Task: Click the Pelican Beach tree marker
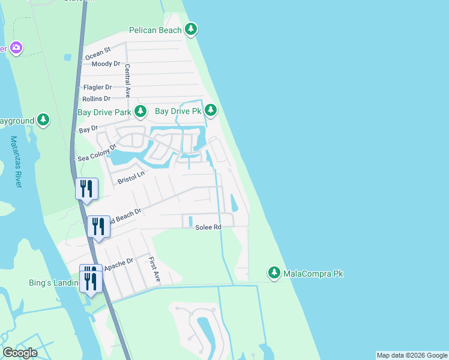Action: click(x=191, y=29)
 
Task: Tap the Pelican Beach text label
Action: click(x=155, y=29)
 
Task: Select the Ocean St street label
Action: click(x=98, y=54)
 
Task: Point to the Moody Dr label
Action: click(x=106, y=64)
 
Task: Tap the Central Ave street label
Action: click(x=127, y=80)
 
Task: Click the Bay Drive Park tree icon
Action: click(x=140, y=111)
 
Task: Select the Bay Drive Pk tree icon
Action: click(x=210, y=110)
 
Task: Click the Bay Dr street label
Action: click(x=88, y=130)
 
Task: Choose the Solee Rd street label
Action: click(x=208, y=227)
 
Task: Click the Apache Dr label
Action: click(x=118, y=264)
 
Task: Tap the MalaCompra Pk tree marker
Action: click(x=274, y=273)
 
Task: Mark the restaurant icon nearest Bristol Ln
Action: click(x=86, y=189)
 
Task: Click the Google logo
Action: click(x=20, y=353)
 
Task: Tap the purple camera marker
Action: click(x=16, y=47)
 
